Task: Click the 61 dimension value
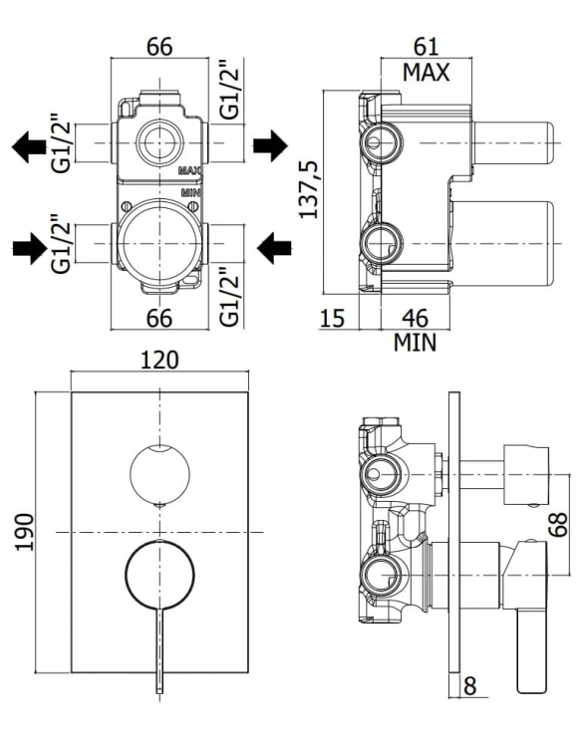(426, 47)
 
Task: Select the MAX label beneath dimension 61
(426, 72)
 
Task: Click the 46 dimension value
(420, 319)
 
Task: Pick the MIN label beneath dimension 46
(415, 343)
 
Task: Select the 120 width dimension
(159, 361)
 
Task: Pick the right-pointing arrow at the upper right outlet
(269, 147)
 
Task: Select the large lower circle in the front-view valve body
(159, 239)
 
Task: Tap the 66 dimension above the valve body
(159, 47)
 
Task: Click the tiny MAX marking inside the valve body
(189, 170)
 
